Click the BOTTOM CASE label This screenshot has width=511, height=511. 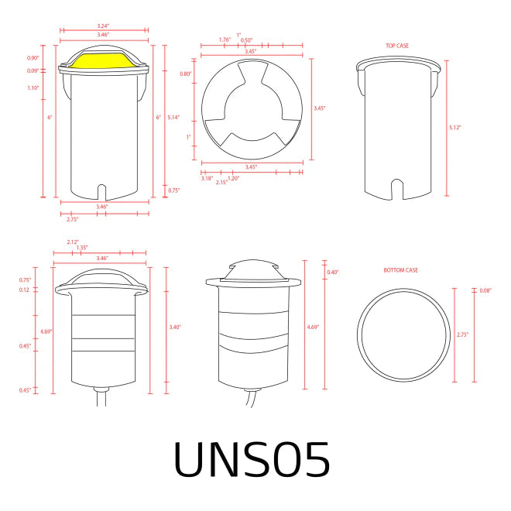click(400, 270)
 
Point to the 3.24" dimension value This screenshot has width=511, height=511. click(103, 26)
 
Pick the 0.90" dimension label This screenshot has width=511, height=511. click(33, 58)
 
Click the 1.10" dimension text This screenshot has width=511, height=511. click(33, 87)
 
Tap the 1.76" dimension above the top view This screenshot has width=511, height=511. click(225, 39)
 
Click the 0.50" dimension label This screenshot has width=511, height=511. click(247, 40)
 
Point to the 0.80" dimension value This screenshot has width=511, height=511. click(186, 74)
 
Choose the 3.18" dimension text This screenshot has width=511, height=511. click(207, 178)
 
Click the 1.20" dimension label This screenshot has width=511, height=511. click(233, 178)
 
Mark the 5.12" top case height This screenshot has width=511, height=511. click(454, 127)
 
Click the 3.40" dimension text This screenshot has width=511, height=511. click(175, 328)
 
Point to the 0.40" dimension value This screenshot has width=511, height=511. click(333, 272)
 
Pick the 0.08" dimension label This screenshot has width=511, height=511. click(485, 291)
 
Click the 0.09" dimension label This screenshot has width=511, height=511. click(33, 71)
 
